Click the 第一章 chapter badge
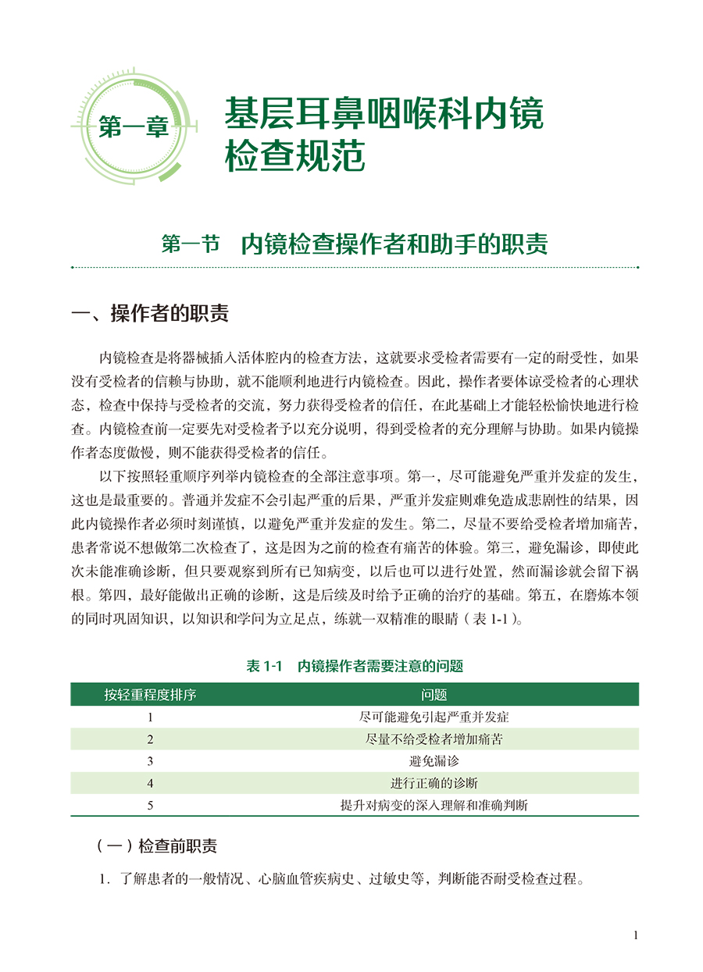coord(134,126)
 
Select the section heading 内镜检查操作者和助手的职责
coord(394,244)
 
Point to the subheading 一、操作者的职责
coord(150,314)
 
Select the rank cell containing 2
coord(150,739)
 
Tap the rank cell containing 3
coord(150,760)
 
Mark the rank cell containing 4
coord(150,783)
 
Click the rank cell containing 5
coord(150,805)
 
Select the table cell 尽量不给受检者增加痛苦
coord(434,739)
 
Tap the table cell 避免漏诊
coord(434,760)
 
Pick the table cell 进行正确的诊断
coord(434,783)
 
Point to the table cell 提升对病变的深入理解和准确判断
coord(434,805)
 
